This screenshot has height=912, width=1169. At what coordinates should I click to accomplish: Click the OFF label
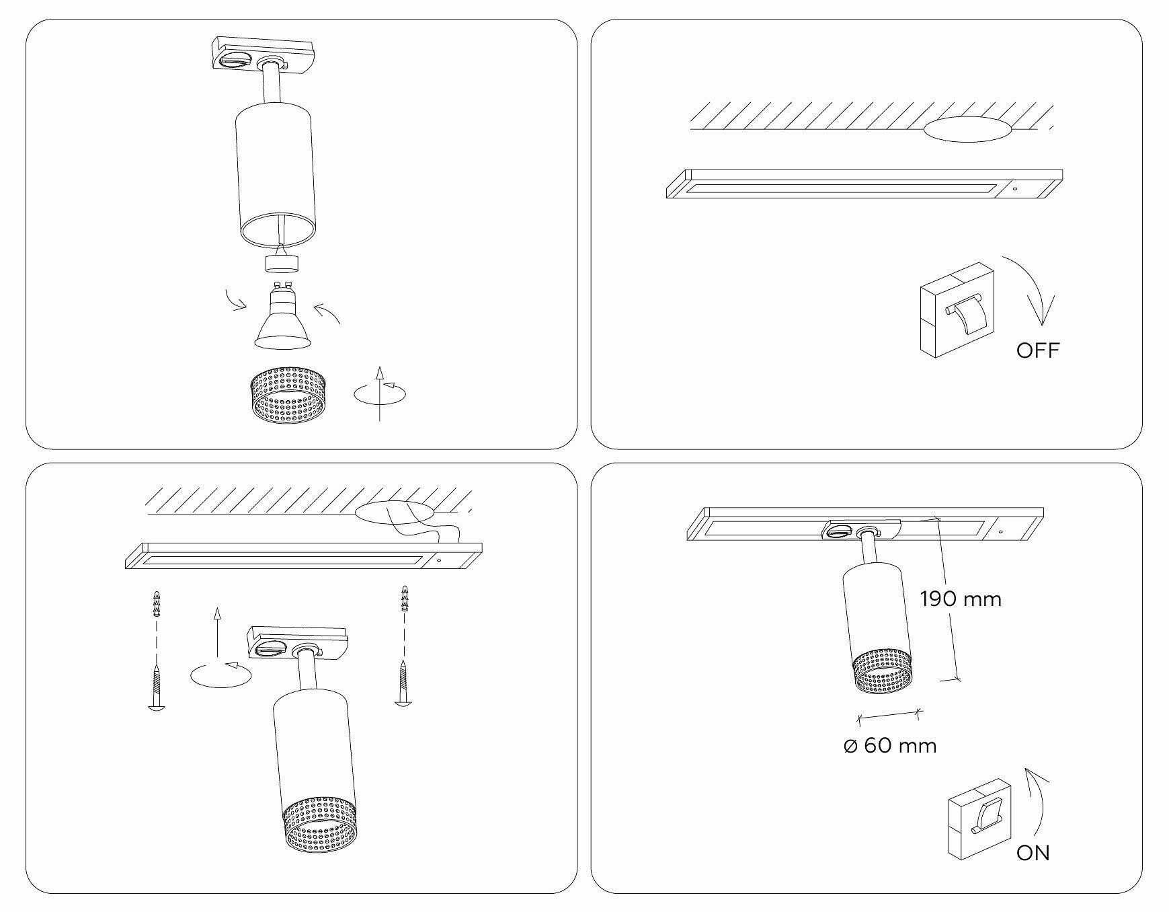(x=1037, y=350)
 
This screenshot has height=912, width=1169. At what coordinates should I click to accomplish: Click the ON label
(x=1033, y=853)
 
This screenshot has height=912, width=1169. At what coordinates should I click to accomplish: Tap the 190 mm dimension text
(x=961, y=599)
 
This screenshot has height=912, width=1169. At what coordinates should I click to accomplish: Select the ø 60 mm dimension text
(x=889, y=745)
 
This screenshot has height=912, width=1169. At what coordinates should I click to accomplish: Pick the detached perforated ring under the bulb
(x=288, y=396)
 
